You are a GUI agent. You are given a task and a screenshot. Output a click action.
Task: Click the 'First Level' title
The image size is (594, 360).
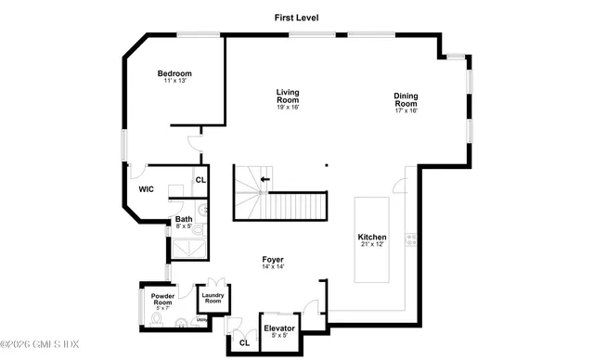[x=297, y=17]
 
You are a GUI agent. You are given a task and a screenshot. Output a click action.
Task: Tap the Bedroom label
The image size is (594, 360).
[x=174, y=74]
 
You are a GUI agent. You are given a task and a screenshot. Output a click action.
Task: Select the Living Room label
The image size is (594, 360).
[x=288, y=96]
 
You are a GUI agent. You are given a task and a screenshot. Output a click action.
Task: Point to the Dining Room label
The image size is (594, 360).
[x=406, y=99]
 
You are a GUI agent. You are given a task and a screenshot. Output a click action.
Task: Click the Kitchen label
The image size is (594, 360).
[x=372, y=238]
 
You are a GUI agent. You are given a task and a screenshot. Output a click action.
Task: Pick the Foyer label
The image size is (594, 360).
[x=273, y=259]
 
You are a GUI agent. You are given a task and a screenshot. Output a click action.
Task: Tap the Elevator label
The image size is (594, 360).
[x=279, y=328]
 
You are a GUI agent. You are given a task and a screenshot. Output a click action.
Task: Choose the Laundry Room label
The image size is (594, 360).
[x=213, y=299]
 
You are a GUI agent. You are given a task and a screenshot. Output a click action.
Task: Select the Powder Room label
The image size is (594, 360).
[x=162, y=300]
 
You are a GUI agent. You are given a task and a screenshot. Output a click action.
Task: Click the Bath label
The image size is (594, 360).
[x=184, y=219]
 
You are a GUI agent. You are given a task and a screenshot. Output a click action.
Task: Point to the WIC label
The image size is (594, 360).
[x=146, y=189]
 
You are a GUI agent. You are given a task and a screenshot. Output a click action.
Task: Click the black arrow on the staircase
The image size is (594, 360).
[x=265, y=178]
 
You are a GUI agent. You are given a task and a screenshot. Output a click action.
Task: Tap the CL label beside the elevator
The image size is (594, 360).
[x=244, y=342]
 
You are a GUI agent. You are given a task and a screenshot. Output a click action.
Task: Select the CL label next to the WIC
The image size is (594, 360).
[x=200, y=179]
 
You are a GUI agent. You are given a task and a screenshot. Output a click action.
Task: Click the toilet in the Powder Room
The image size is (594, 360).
[x=158, y=320]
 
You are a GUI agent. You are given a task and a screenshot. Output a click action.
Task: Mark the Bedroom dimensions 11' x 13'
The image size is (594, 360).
[x=174, y=82]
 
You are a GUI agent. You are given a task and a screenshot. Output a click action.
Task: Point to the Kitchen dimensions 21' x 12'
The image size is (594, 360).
[x=372, y=245]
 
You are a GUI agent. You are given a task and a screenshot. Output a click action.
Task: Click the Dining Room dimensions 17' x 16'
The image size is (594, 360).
[x=406, y=110]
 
